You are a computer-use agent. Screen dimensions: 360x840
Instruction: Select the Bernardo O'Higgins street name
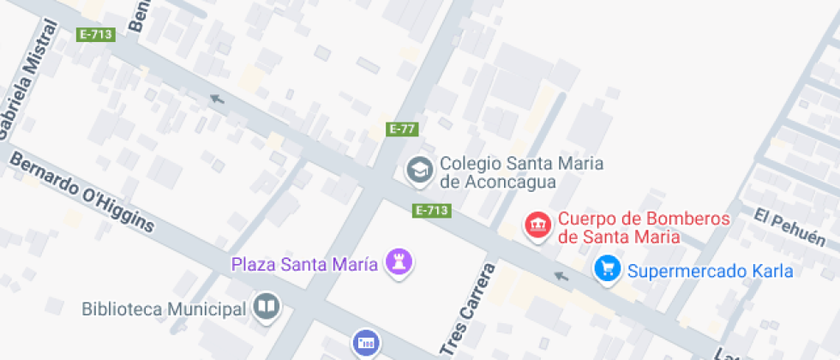pyautogui.click(x=83, y=193)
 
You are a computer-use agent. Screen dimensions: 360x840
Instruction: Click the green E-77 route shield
pyautogui.click(x=401, y=129)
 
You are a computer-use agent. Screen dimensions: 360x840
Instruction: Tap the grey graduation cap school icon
pyautogui.click(x=419, y=169)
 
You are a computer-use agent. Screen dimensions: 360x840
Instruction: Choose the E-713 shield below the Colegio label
pyautogui.click(x=432, y=210)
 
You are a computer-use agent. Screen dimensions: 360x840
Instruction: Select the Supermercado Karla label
pyautogui.click(x=710, y=272)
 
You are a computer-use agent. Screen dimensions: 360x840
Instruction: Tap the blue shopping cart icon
pyautogui.click(x=607, y=269)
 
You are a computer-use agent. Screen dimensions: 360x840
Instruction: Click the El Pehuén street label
pyautogui.click(x=789, y=226)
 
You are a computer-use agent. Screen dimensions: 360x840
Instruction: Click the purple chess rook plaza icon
pyautogui.click(x=399, y=261)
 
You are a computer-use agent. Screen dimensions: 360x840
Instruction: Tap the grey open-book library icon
pyautogui.click(x=267, y=307)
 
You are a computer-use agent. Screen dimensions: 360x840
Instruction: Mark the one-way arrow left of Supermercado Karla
pyautogui.click(x=561, y=275)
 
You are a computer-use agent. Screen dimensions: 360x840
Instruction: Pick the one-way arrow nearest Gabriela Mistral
pyautogui.click(x=218, y=99)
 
